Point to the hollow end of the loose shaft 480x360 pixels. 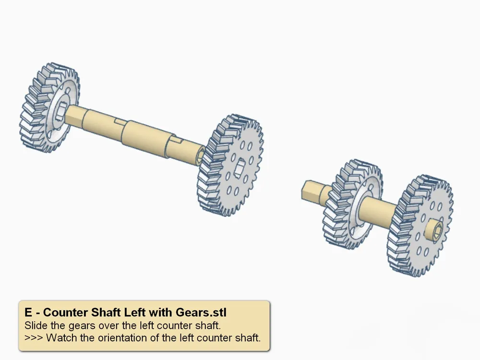tap(200, 156)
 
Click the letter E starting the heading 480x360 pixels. tap(28, 312)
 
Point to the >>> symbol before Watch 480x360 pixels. tap(34, 337)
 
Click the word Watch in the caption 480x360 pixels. tap(59, 337)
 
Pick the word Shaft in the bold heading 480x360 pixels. tap(104, 312)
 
